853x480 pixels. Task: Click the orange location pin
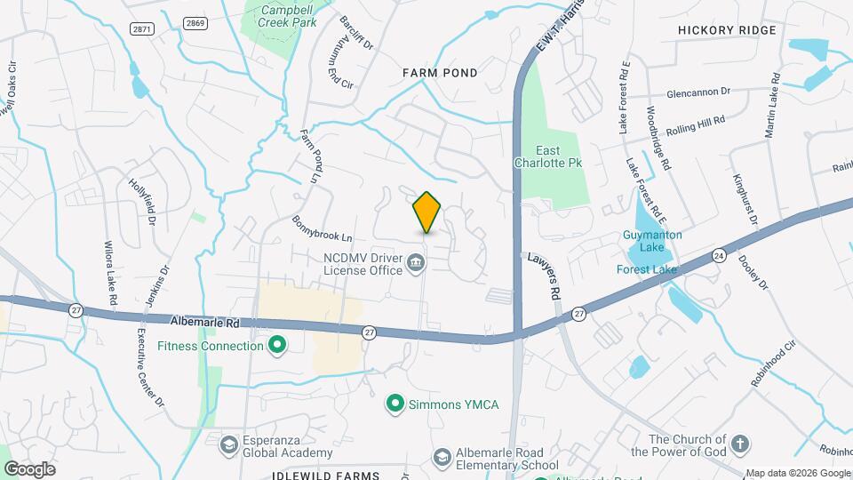(427, 212)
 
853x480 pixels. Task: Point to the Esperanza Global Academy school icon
(228, 444)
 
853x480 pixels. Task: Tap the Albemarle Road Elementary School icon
(442, 457)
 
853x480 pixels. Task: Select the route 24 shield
(718, 256)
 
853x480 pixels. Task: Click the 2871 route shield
(141, 28)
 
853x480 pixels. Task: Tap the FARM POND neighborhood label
(440, 73)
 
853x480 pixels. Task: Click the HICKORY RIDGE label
(727, 30)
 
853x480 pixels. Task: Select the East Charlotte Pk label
(547, 156)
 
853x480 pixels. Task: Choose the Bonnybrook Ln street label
(322, 229)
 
